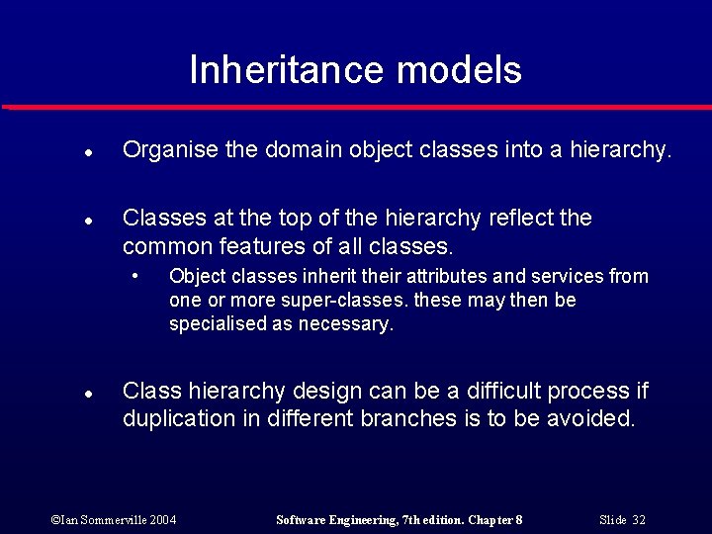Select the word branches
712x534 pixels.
[x=406, y=418]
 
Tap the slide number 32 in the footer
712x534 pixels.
[x=639, y=520]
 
